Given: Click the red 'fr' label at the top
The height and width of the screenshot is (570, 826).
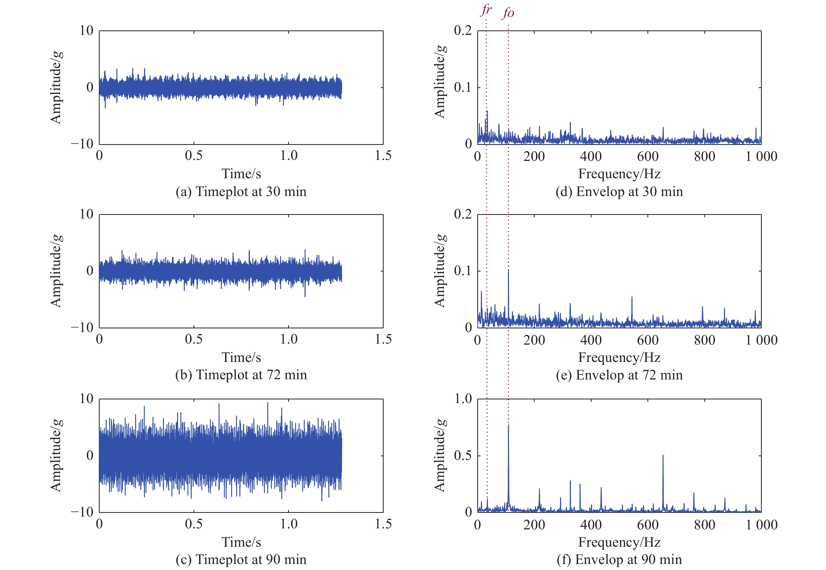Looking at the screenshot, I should (x=486, y=10).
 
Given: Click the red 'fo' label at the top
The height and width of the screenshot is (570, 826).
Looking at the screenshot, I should (x=508, y=13).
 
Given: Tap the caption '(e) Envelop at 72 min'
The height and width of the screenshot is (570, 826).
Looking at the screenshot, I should (x=619, y=375).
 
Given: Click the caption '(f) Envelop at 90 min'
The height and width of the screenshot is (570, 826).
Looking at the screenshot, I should (x=619, y=559).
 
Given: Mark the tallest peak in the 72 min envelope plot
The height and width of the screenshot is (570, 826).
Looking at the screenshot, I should (x=508, y=270).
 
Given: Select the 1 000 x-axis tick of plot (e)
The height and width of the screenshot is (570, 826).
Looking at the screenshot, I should (x=761, y=340).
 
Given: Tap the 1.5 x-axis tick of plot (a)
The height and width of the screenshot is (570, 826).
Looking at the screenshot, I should (x=383, y=156).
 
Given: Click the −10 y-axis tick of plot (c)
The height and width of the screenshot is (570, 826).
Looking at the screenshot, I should (x=82, y=512).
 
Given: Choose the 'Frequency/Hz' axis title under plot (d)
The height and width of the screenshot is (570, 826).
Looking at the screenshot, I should (x=619, y=174).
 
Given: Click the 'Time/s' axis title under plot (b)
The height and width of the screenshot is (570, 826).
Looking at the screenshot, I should (x=241, y=357).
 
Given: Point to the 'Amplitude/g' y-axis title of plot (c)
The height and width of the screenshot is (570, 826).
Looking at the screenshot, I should (x=56, y=455).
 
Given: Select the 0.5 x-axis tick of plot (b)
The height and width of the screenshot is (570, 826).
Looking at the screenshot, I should (x=194, y=339).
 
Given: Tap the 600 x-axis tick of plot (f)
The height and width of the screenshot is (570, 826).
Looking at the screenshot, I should (x=648, y=525).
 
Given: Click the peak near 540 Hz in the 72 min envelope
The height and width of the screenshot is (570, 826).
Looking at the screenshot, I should (x=632, y=297).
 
